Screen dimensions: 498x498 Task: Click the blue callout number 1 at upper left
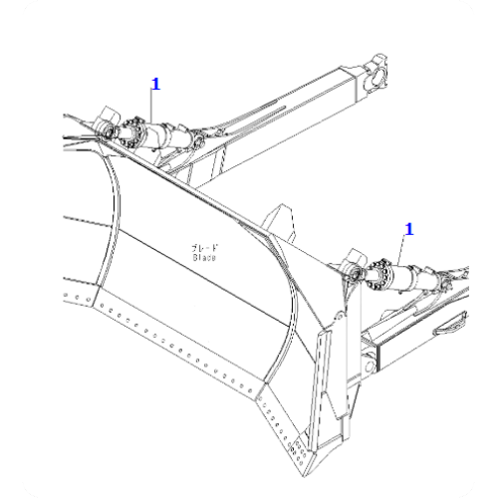[153, 86]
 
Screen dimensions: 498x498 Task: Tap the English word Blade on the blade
[205, 257]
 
